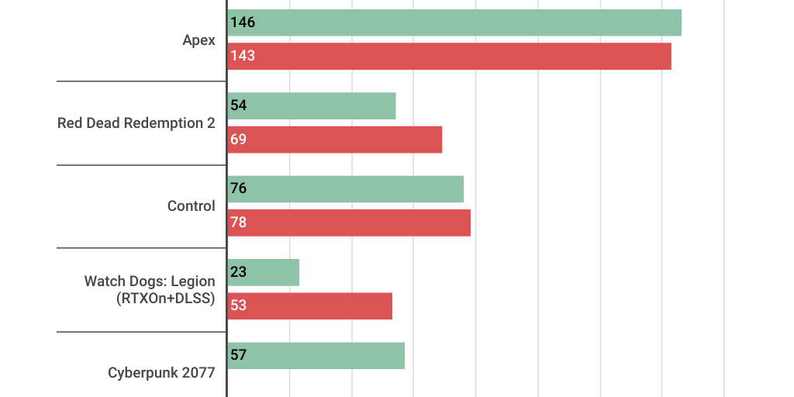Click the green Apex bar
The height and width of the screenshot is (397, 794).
click(x=454, y=22)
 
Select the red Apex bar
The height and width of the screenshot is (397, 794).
click(x=450, y=56)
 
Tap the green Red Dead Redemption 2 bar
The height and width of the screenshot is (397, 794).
click(x=312, y=105)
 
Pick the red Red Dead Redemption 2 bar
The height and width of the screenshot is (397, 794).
click(x=335, y=140)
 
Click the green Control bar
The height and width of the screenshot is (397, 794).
click(x=346, y=189)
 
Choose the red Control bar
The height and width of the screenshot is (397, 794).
click(x=349, y=223)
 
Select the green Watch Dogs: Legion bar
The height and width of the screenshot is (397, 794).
click(x=264, y=272)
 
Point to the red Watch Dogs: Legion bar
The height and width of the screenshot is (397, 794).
click(x=310, y=306)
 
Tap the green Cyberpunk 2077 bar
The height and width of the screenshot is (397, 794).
click(x=316, y=355)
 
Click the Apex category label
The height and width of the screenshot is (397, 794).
click(x=198, y=40)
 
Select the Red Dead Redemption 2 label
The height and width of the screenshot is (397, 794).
click(x=136, y=123)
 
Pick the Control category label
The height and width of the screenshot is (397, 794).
click(x=192, y=206)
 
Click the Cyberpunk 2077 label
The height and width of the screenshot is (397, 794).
click(x=161, y=373)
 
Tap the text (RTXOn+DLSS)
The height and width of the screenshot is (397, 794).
click(x=165, y=299)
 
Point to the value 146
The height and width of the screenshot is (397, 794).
click(x=243, y=22)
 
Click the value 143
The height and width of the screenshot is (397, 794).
click(x=243, y=56)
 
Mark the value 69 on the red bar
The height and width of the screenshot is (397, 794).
click(x=238, y=140)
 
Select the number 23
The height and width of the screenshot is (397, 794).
click(x=238, y=272)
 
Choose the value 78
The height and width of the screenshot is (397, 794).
click(x=238, y=223)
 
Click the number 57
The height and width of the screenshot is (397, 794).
click(x=238, y=355)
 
